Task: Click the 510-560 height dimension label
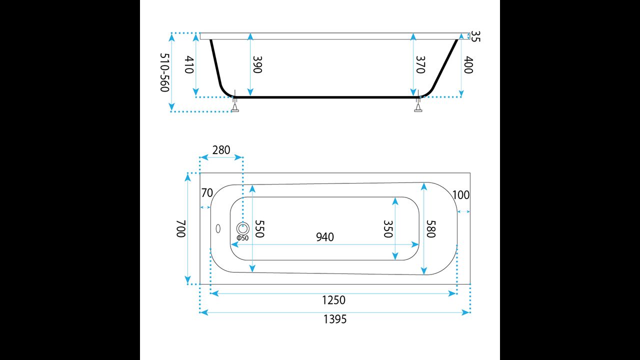pos(165,72)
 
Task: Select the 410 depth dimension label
pos(189,64)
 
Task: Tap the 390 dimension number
pos(257,64)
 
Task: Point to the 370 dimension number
pos(420,64)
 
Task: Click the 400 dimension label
pos(468,64)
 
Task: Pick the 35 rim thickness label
pos(475,36)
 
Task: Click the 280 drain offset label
pos(221,150)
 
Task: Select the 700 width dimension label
pos(181,228)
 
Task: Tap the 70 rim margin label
pos(207,193)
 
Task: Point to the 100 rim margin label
pos(461,195)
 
